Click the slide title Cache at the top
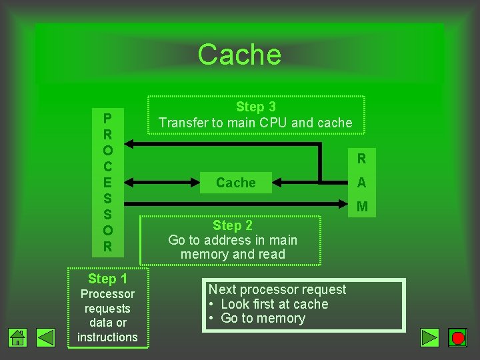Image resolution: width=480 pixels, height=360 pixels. pyautogui.click(x=239, y=55)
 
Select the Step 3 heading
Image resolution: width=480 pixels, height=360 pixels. pyautogui.click(x=255, y=107)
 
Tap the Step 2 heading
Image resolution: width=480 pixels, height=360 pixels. pyautogui.click(x=232, y=225)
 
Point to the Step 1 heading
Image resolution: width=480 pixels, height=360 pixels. pyautogui.click(x=107, y=279)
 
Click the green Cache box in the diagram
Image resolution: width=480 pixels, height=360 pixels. pyautogui.click(x=235, y=183)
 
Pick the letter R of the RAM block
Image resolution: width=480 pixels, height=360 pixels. pyautogui.click(x=361, y=159)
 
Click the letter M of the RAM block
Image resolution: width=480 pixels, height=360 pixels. pyautogui.click(x=362, y=207)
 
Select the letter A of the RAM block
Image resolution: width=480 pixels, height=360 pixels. pyautogui.click(x=361, y=183)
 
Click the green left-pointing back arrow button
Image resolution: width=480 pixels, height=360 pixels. pyautogui.click(x=45, y=337)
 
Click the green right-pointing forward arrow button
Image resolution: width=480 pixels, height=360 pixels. pyautogui.click(x=431, y=337)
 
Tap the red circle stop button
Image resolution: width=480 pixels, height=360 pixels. pyautogui.click(x=458, y=337)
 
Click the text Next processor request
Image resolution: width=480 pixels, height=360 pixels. pyautogui.click(x=277, y=289)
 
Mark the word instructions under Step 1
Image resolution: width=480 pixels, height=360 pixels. pyautogui.click(x=107, y=337)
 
